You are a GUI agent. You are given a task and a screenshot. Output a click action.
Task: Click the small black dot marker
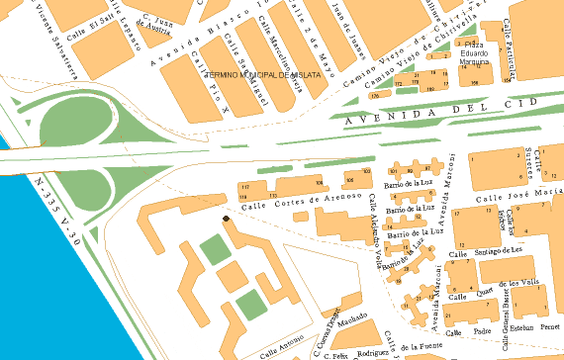[227, 218]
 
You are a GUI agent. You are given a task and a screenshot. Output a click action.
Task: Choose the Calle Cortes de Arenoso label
[294, 203]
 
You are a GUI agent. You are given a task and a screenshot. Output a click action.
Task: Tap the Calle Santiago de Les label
[485, 253]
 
